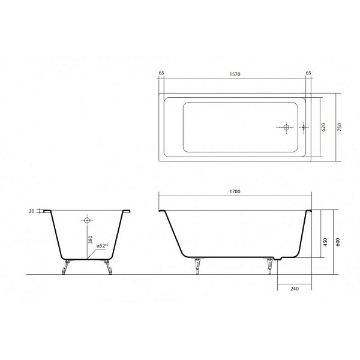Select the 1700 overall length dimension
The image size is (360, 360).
click(x=235, y=191)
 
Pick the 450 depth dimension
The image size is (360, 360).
click(x=325, y=242)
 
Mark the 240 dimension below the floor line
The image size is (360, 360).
click(x=294, y=289)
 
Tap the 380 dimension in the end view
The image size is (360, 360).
click(x=89, y=241)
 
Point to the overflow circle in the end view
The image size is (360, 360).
click(x=86, y=221)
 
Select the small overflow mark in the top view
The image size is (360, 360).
click(x=304, y=127)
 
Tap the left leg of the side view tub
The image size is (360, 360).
click(x=196, y=265)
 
